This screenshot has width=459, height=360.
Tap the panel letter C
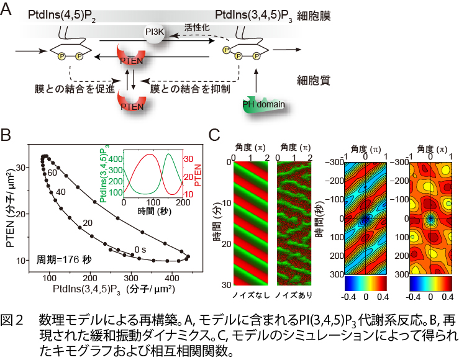click(214, 134)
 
